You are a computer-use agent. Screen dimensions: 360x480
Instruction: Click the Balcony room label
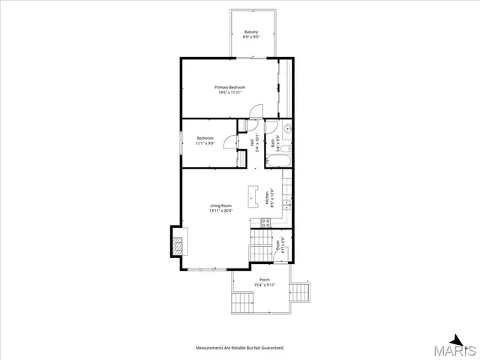point(251,31)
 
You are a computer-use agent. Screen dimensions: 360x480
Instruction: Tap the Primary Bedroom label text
point(230,87)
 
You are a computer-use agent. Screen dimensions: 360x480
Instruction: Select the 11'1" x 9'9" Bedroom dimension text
point(205,143)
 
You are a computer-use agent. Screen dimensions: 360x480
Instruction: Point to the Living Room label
point(220,205)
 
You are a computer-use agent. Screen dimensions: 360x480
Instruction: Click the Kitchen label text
point(268,199)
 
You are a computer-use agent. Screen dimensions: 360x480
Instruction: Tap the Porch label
point(265,279)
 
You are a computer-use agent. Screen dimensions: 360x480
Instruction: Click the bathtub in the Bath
point(286,159)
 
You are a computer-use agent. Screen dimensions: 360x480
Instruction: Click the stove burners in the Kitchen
point(265,222)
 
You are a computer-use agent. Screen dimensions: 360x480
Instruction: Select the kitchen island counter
point(251,196)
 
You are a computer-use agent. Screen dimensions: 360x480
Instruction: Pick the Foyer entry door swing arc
point(284,256)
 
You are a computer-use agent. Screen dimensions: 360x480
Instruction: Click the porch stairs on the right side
point(301,291)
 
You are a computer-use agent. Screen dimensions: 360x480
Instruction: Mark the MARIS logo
point(460,347)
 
